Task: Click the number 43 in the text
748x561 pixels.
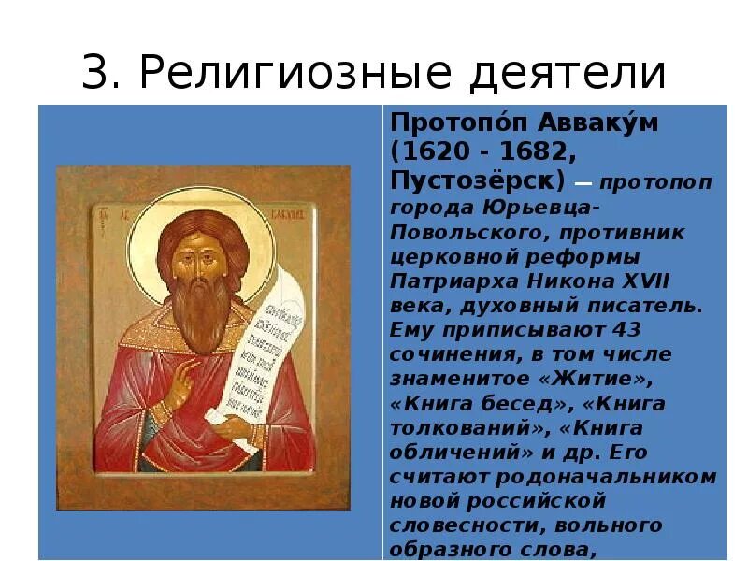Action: (x=621, y=330)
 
